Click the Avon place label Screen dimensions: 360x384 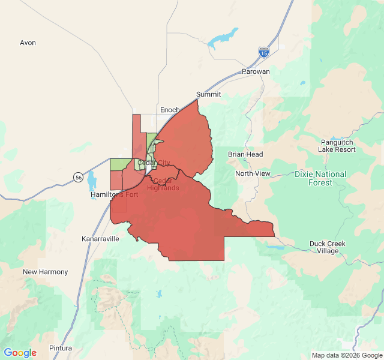point(28,43)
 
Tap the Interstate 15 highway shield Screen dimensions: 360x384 point(264,52)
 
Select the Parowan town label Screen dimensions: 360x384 point(256,71)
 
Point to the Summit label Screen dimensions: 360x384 point(209,94)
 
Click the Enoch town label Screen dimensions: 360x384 point(170,110)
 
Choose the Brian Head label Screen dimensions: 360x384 point(245,154)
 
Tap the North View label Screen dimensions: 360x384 point(253,173)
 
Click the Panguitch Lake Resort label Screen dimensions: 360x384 point(337,145)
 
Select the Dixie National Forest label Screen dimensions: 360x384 point(320,178)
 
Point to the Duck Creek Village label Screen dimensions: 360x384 point(328,247)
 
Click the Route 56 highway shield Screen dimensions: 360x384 point(79,177)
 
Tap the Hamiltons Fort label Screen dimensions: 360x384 point(114,194)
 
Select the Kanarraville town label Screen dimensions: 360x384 point(100,238)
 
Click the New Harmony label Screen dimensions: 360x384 point(45,272)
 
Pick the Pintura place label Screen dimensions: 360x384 point(61,348)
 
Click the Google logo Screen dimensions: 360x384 point(20,353)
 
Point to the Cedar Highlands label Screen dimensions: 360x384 point(163,184)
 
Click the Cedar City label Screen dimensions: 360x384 point(154,163)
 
